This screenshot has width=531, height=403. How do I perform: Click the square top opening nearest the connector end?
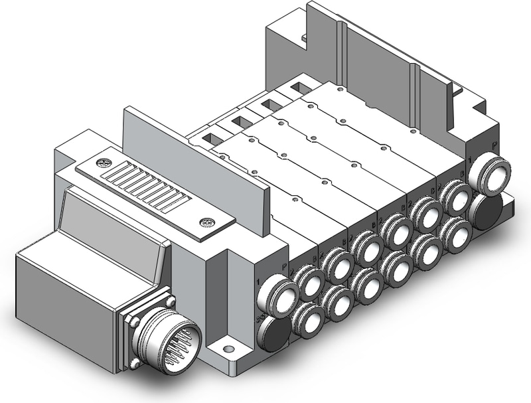point(206,139)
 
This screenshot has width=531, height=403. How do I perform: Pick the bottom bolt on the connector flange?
point(135,363)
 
